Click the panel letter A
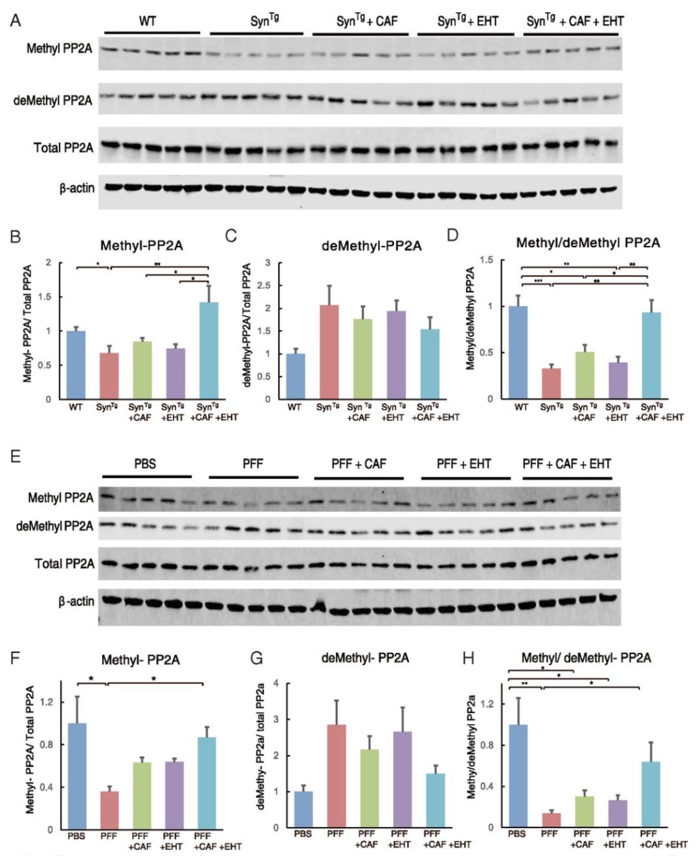[16, 21]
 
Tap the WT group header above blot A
[148, 21]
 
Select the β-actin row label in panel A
[77, 188]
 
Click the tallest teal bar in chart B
[208, 350]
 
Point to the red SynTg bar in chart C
[329, 352]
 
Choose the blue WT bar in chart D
[518, 352]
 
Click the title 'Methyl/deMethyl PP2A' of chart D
[588, 243]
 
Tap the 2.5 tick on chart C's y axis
[265, 285]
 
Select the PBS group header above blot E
[146, 464]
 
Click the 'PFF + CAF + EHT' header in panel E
[566, 464]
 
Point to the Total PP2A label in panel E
[65, 564]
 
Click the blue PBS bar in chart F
[77, 776]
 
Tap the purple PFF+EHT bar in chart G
[402, 779]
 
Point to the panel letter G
[256, 659]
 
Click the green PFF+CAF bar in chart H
[584, 811]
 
